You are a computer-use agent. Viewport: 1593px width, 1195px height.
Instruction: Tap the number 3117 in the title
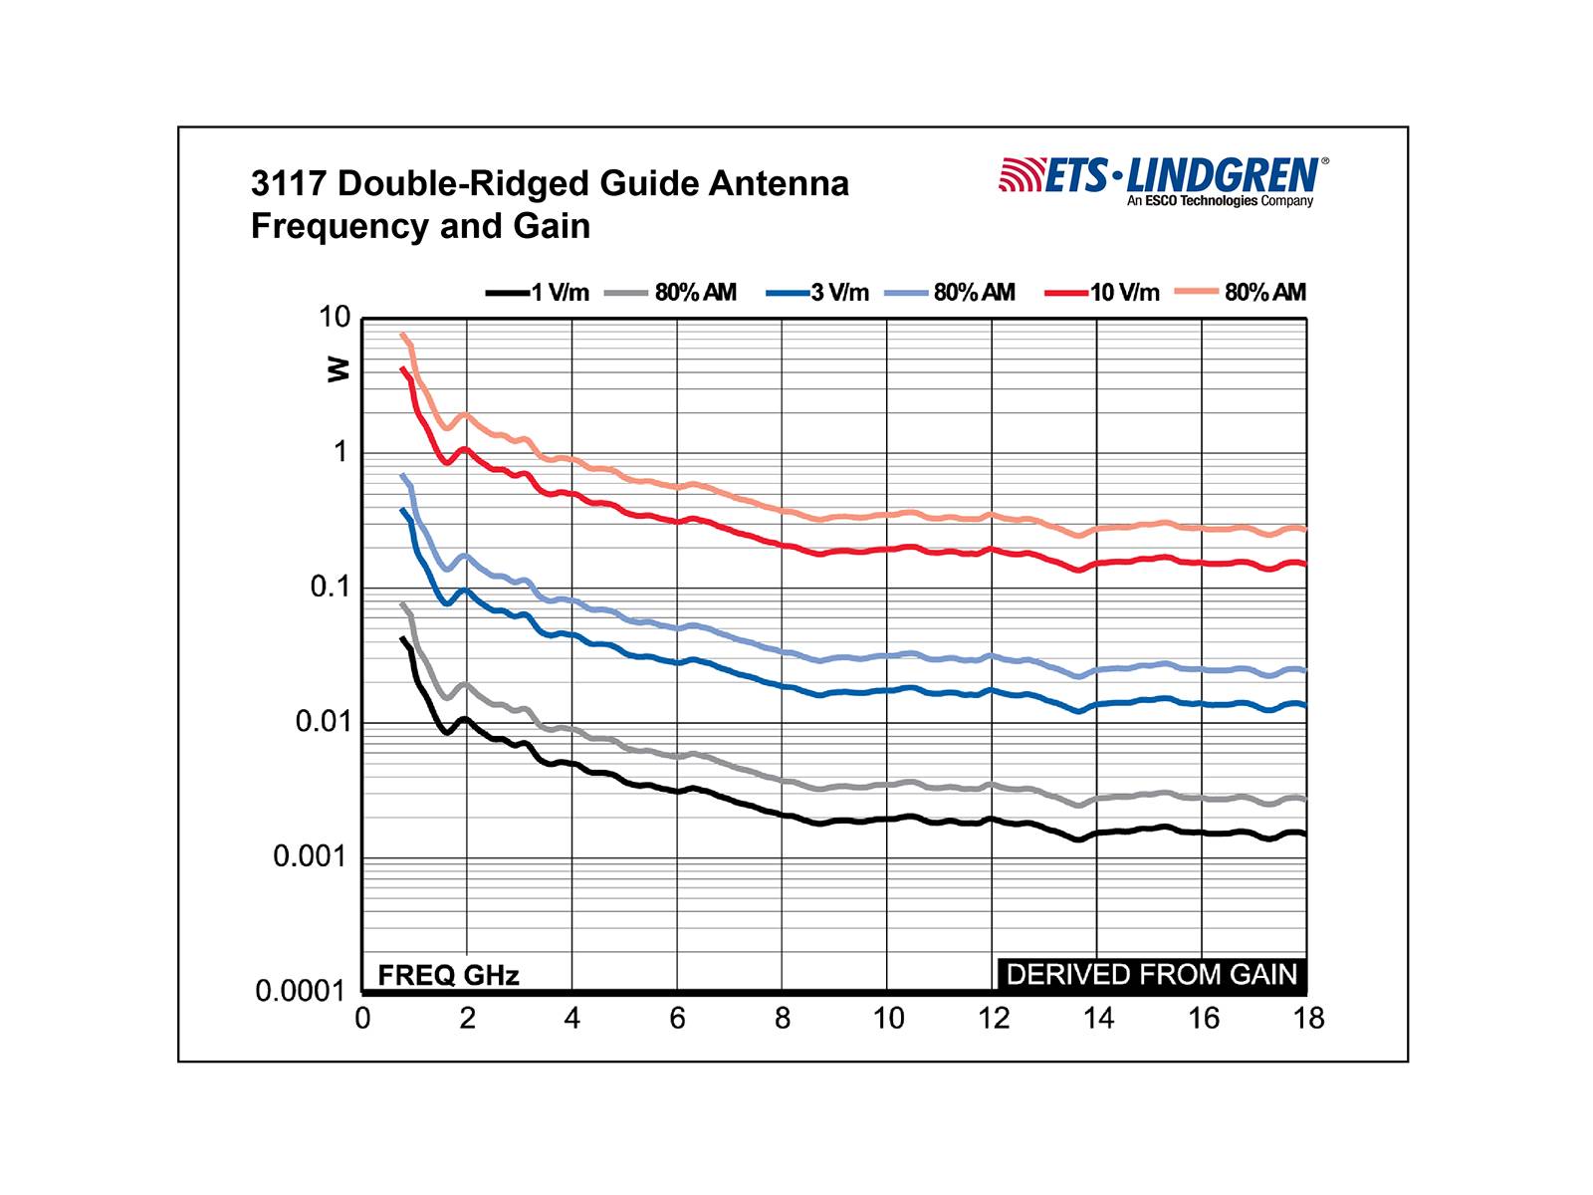pos(289,184)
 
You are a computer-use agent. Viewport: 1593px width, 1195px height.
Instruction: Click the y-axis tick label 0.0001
pos(300,992)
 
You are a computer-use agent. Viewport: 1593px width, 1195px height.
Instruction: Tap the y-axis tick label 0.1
pos(331,588)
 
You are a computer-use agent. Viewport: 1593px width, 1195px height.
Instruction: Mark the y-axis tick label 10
pos(335,318)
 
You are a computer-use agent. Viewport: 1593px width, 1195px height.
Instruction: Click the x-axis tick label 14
pos(1098,1019)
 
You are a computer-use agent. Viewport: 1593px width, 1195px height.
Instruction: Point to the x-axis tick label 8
pos(783,1019)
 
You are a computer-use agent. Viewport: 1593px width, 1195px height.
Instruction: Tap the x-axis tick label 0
pos(362,1019)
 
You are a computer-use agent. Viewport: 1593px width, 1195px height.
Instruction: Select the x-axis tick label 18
pos(1308,1019)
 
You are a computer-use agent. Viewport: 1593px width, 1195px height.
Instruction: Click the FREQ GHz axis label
pos(448,975)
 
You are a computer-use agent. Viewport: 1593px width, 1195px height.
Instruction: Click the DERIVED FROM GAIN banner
pos(1152,975)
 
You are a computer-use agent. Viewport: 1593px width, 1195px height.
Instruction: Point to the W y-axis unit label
pos(340,369)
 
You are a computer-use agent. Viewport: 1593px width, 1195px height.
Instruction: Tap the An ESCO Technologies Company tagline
pos(1220,201)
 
